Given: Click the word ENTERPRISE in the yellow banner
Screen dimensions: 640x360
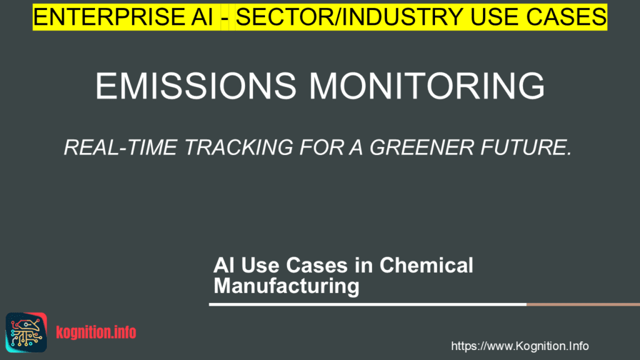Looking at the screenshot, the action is pyautogui.click(x=109, y=17).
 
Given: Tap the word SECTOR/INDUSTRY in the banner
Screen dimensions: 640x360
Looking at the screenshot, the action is pyautogui.click(x=349, y=17).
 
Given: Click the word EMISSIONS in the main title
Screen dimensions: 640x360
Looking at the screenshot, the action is pyautogui.click(x=196, y=86).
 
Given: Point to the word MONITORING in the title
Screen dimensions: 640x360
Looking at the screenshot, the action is pyautogui.click(x=427, y=86).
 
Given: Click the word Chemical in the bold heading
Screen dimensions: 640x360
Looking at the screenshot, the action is pyautogui.click(x=426, y=265).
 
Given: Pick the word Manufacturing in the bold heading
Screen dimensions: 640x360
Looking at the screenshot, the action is pyautogui.click(x=286, y=286).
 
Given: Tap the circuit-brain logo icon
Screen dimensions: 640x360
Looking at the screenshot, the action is pyautogui.click(x=26, y=332).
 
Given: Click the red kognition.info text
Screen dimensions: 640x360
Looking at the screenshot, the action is pyautogui.click(x=96, y=332).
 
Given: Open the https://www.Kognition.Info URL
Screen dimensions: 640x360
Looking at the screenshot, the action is pyautogui.click(x=519, y=346).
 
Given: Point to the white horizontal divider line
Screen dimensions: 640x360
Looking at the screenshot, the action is pyautogui.click(x=367, y=304).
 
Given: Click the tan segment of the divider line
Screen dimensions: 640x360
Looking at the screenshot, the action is pyautogui.click(x=583, y=304).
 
